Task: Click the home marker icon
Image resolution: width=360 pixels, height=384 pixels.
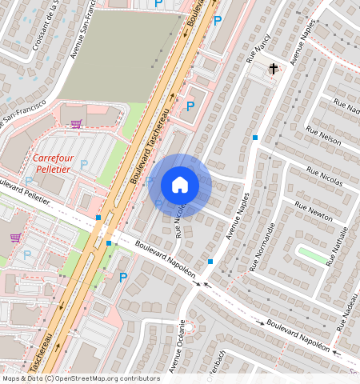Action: coord(180,185)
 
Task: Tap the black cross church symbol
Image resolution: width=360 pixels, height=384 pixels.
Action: coord(274,69)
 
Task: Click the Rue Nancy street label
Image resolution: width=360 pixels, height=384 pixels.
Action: coord(260,50)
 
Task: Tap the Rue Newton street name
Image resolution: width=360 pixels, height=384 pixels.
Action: coord(314,211)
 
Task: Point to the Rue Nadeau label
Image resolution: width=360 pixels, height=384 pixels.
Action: coord(346,305)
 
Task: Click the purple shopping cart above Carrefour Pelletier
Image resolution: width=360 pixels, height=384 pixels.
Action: coord(76,124)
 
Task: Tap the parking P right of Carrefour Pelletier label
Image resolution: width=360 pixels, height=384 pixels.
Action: coord(84,165)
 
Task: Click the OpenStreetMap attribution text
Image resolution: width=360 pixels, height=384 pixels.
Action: coord(80,378)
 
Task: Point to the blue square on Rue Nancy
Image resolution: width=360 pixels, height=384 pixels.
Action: coord(255,138)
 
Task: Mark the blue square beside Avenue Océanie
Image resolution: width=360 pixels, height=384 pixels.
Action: coord(210,262)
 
